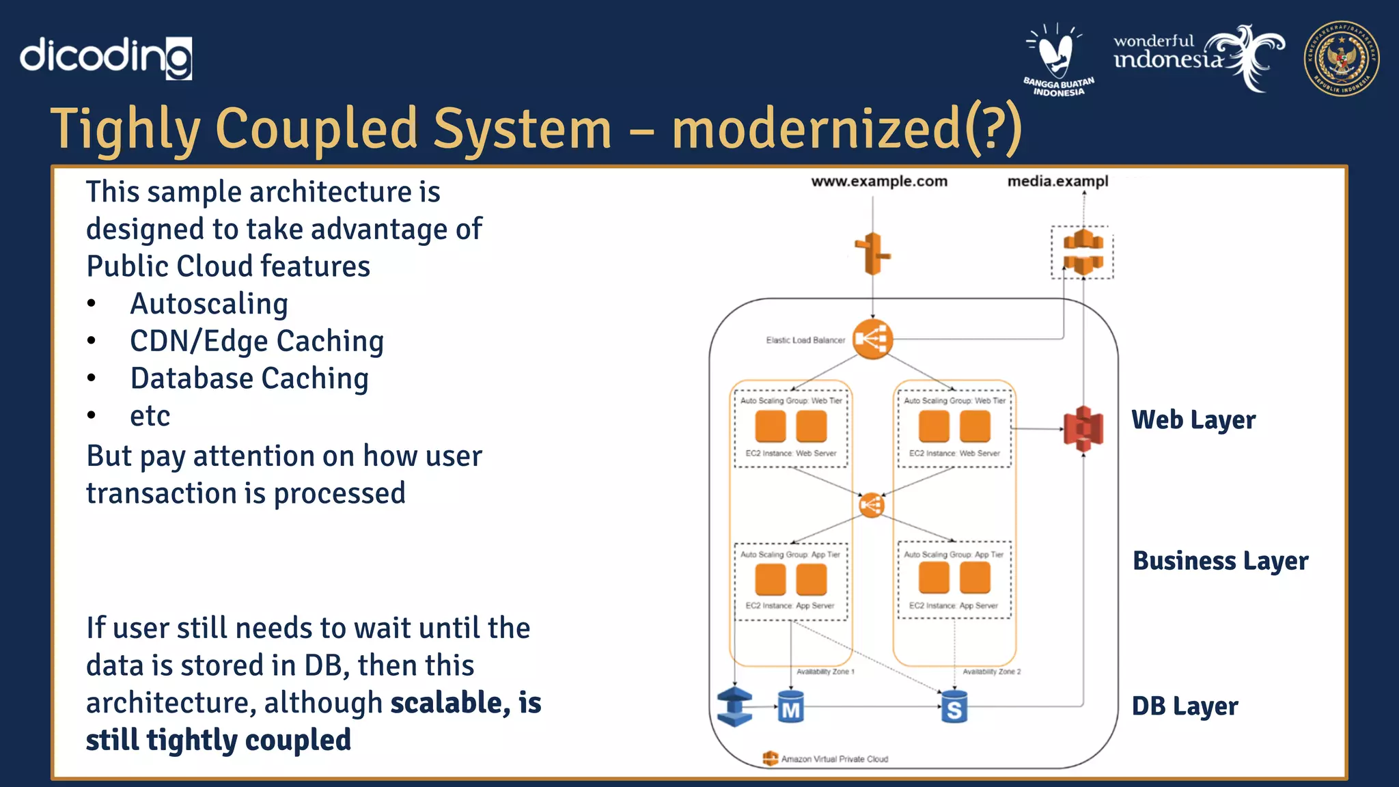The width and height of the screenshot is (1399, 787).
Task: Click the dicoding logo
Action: [x=106, y=57]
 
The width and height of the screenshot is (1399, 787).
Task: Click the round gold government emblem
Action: [x=1341, y=58]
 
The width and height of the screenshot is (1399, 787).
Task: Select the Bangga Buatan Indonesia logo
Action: [x=1057, y=59]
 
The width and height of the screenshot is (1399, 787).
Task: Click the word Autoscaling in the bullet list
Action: [x=209, y=304]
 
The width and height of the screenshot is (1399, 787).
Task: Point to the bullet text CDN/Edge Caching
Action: [x=257, y=341]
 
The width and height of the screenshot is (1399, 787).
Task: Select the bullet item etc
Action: [x=150, y=416]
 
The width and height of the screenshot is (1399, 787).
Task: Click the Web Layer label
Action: [x=1193, y=420]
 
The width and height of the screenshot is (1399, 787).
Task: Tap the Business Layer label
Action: [x=1220, y=561]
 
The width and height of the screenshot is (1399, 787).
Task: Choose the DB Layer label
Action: [x=1185, y=706]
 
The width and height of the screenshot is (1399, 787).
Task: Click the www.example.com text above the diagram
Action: [x=879, y=182]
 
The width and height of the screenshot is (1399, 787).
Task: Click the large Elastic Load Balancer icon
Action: [x=872, y=339]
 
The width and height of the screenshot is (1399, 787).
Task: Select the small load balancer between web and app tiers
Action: [x=872, y=506]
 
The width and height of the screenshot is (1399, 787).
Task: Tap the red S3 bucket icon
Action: [x=1083, y=429]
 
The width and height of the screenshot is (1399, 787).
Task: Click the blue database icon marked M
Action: [x=790, y=708]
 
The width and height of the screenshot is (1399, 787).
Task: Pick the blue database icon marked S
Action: [x=954, y=708]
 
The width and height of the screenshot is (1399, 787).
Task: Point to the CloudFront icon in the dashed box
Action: [x=1083, y=253]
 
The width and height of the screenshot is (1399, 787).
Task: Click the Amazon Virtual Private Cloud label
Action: [x=833, y=759]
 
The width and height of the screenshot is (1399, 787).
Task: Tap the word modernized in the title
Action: [x=816, y=129]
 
